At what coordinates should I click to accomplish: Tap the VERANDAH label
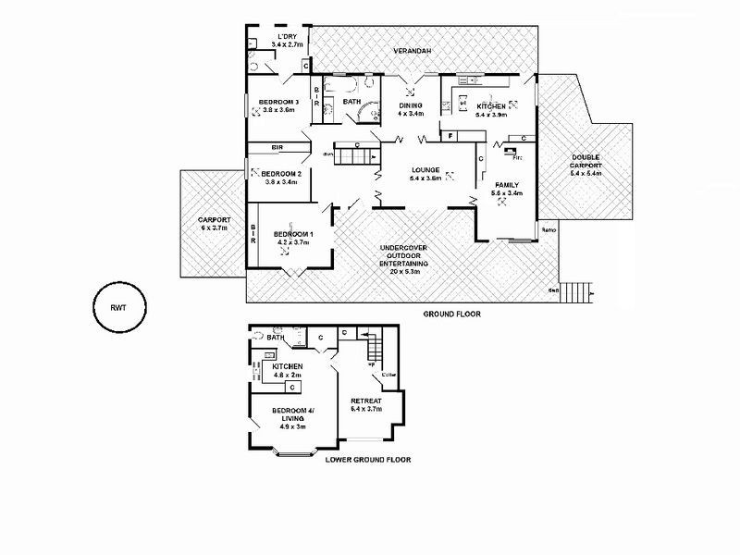tap(413, 51)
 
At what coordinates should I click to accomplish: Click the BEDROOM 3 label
tap(278, 101)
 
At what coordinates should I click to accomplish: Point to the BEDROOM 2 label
tap(281, 174)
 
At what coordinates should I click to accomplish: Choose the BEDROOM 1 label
tap(294, 234)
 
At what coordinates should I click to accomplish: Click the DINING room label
tap(411, 105)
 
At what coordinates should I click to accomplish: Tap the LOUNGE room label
tap(426, 170)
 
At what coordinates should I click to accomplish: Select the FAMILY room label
tap(508, 185)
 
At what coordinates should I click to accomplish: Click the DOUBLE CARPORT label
tap(586, 162)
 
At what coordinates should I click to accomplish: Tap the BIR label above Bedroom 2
tap(277, 147)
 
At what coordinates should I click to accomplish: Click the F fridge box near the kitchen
tap(450, 137)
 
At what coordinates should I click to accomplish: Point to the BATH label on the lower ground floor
tap(275, 338)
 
